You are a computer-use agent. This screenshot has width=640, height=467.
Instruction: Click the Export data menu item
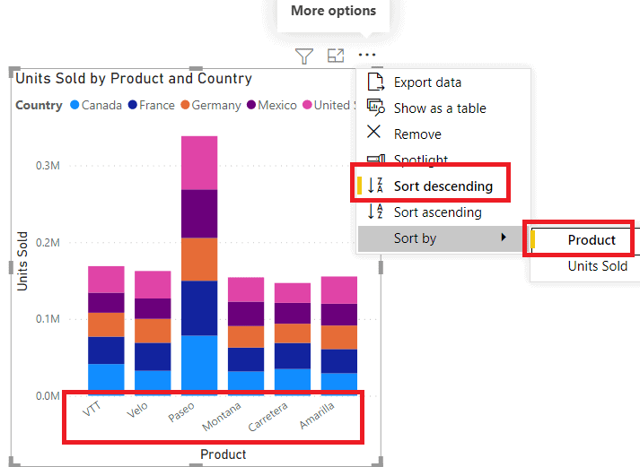[x=427, y=82]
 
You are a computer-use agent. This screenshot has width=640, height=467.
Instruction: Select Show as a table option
[x=439, y=108]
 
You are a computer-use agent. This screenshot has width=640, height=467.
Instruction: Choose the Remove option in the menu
[x=417, y=134]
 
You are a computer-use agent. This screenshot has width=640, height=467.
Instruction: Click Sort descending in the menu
[x=443, y=186]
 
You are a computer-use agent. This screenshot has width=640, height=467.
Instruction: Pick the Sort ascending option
[x=437, y=212]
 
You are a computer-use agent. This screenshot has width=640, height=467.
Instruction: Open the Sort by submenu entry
[x=415, y=238]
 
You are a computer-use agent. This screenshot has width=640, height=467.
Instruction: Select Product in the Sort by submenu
[x=592, y=240]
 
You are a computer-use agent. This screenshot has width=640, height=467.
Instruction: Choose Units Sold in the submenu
[x=597, y=266]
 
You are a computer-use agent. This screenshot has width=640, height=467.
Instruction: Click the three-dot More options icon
[x=367, y=56]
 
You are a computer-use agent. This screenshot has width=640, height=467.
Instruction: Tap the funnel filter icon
[x=304, y=56]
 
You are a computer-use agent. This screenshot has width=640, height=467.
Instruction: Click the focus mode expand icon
[x=336, y=56]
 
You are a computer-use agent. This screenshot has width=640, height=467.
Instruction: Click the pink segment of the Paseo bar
[x=199, y=162]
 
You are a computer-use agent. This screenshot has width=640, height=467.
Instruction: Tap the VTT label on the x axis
[x=92, y=410]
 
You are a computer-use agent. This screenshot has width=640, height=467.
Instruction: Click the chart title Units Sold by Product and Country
[x=134, y=79]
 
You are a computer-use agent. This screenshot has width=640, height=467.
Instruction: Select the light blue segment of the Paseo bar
[x=199, y=363]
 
